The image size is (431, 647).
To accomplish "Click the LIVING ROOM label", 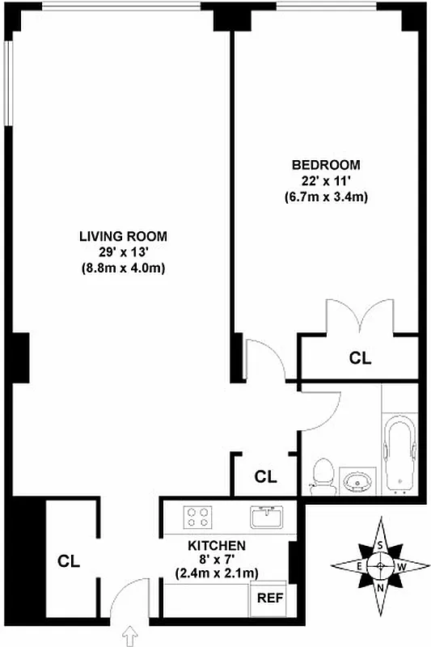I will pos(123,236).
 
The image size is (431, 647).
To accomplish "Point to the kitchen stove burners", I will pos(197,516).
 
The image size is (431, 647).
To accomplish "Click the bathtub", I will pos(399,453).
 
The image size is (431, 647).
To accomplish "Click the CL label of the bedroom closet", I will pos(360,357).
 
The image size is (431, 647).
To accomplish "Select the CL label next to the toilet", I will pos(265,476).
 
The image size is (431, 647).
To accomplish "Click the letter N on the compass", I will pos(380,587).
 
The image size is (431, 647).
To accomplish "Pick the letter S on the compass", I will pos(380,546).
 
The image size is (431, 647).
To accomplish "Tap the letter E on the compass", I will pos(359,567).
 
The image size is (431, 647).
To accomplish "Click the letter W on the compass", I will pos(401,567).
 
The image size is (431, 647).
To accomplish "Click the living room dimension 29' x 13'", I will pos(123,252).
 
